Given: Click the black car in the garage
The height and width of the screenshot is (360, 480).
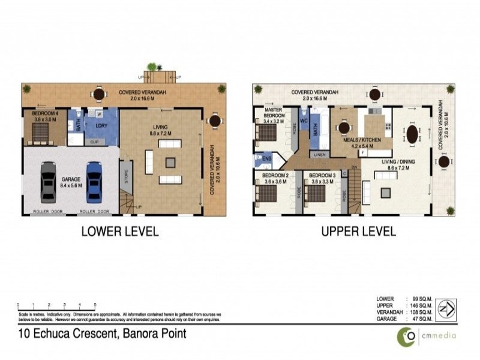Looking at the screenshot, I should pos(49,182).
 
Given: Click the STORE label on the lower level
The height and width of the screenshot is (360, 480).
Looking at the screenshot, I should pos(125,176).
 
